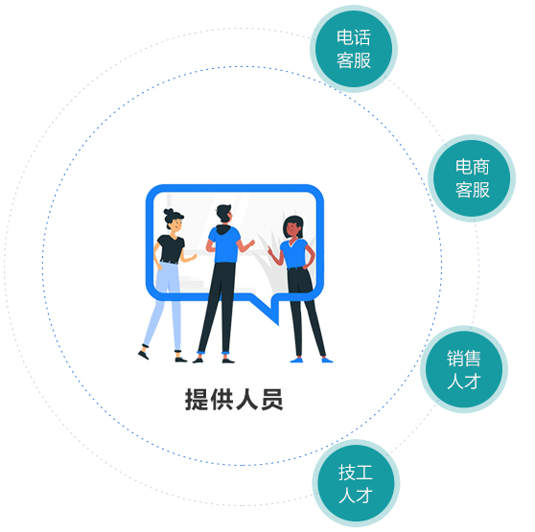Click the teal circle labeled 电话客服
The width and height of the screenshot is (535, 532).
tap(354, 49)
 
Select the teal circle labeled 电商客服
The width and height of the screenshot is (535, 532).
tap(472, 178)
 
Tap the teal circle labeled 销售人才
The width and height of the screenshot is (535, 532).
tap(464, 369)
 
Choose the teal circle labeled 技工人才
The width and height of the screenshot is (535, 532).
tap(356, 483)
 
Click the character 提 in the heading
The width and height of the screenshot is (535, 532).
tap(198, 400)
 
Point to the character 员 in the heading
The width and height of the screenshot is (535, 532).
tap(272, 400)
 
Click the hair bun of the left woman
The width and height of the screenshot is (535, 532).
tap(169, 212)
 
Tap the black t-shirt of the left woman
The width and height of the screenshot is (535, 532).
tap(171, 249)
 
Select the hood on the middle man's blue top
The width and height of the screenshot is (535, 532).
tap(224, 229)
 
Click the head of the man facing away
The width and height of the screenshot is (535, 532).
tap(224, 214)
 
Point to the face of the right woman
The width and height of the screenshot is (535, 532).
tap(292, 228)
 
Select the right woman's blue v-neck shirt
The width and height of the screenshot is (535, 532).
tap(294, 254)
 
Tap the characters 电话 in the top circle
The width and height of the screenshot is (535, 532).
tap(354, 37)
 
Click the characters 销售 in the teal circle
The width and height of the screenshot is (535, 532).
tap(464, 359)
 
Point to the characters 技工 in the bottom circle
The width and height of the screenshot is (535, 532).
tap(356, 473)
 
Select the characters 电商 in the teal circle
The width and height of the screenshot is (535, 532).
tap(473, 167)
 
